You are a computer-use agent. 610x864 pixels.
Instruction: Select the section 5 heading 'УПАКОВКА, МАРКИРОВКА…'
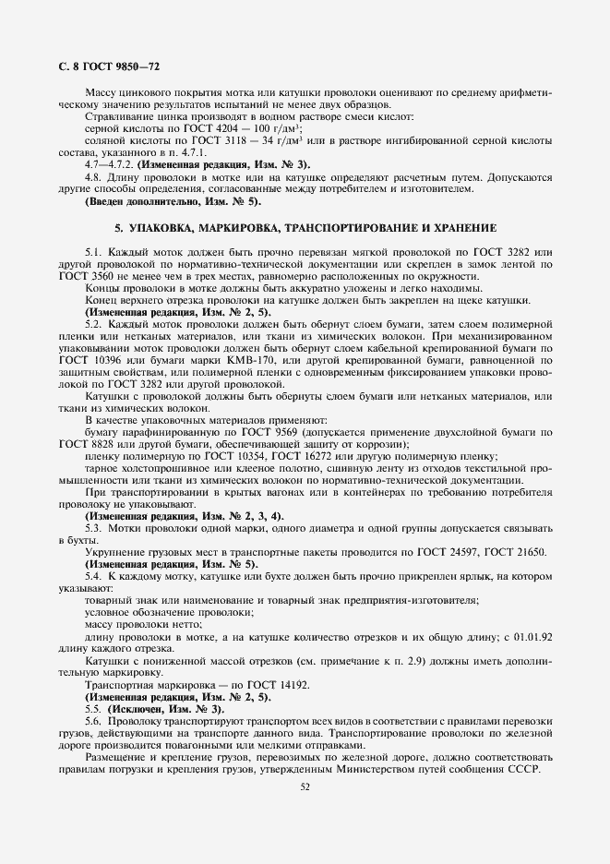(x=305, y=226)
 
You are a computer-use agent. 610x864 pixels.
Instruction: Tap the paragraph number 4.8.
(x=92, y=176)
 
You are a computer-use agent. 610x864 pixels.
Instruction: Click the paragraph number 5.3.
(x=93, y=528)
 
